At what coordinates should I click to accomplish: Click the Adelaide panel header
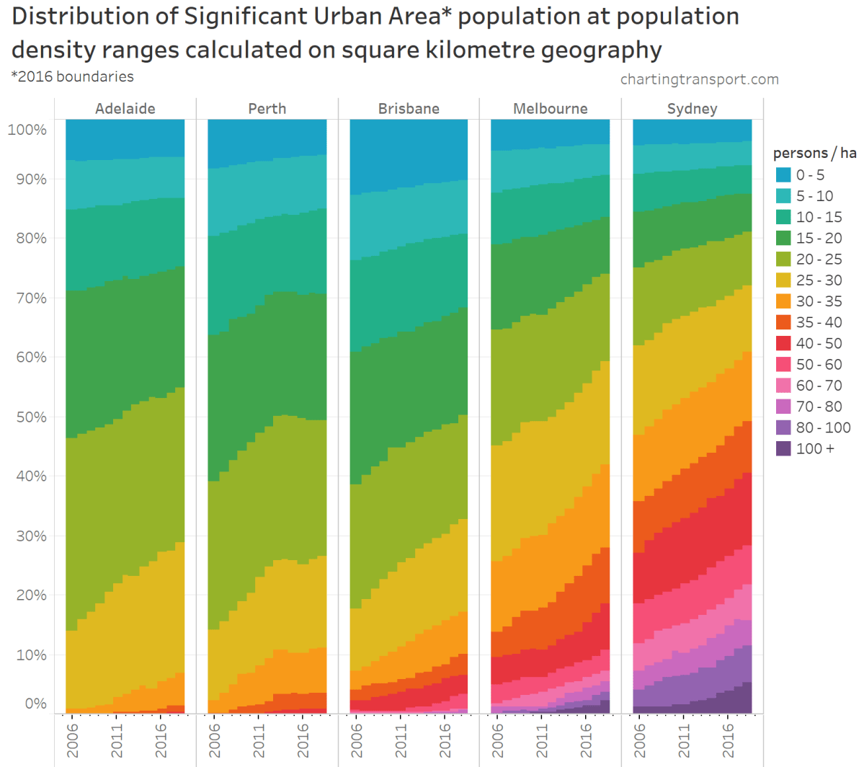click(125, 109)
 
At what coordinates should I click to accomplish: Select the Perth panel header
click(267, 109)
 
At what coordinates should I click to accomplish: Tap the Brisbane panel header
click(409, 109)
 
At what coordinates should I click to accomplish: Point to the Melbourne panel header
click(550, 109)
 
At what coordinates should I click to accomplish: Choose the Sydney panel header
click(692, 109)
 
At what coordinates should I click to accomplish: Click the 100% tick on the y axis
click(27, 130)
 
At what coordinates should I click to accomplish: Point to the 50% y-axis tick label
click(31, 417)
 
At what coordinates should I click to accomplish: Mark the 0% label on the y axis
click(35, 704)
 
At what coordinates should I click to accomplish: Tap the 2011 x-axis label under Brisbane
click(401, 740)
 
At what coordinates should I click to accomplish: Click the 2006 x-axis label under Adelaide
click(73, 740)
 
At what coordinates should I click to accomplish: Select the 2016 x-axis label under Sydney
click(729, 740)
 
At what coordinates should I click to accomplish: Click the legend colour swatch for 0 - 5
click(783, 175)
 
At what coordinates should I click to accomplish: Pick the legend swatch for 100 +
click(783, 448)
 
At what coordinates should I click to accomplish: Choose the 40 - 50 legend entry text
click(819, 343)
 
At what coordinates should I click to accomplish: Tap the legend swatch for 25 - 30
click(783, 280)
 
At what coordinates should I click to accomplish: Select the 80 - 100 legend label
click(823, 427)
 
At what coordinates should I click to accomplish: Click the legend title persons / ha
click(814, 153)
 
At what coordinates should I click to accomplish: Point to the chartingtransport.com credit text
click(699, 79)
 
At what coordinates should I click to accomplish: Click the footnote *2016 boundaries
click(72, 76)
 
